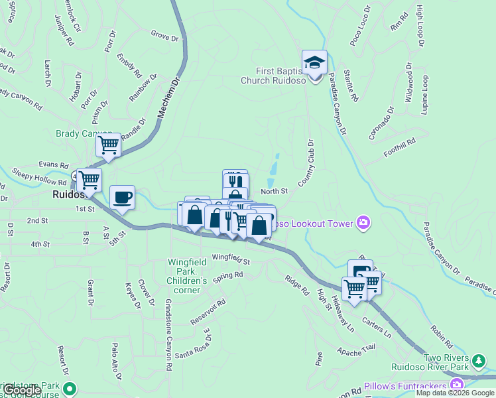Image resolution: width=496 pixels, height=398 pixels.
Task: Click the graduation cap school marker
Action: pyautogui.click(x=314, y=64)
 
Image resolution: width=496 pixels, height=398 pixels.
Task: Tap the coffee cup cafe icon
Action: pyautogui.click(x=122, y=198)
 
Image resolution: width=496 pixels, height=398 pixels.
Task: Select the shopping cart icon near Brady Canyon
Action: pyautogui.click(x=108, y=145)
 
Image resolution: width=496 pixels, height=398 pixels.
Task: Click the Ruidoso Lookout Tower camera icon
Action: pyautogui.click(x=363, y=223)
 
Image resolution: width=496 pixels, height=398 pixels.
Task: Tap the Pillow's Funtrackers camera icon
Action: pyautogui.click(x=457, y=385)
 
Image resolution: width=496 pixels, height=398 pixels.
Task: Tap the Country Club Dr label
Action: pyautogui.click(x=309, y=162)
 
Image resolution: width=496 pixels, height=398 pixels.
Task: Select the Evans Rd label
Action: pyautogui.click(x=54, y=165)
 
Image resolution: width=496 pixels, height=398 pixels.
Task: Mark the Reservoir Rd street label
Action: pyautogui.click(x=209, y=308)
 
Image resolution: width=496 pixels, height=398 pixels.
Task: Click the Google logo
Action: pyautogui.click(x=22, y=390)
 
